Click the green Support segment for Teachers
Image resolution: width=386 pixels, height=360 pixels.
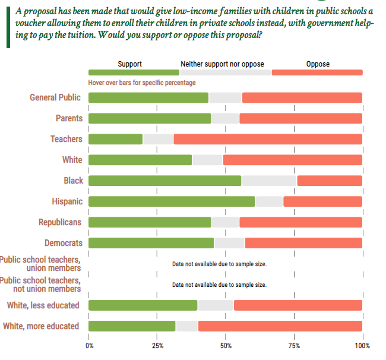115,139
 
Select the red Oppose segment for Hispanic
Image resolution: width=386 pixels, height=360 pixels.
322,201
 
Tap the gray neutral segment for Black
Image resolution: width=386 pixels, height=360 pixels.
269,181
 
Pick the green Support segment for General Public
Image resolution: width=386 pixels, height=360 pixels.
148,97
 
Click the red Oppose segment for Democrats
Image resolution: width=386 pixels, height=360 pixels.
303,243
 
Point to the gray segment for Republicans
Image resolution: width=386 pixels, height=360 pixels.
225,222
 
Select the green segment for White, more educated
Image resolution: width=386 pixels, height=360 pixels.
132,326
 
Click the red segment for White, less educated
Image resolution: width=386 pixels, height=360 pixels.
298,305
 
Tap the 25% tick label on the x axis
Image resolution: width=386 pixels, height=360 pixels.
157,346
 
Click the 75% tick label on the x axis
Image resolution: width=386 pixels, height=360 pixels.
294,346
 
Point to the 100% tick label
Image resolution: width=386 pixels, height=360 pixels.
362,346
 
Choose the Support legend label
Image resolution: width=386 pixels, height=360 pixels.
129,64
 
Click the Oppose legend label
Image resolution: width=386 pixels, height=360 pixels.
318,64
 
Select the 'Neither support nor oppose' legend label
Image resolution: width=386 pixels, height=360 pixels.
222,64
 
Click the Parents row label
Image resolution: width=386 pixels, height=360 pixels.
69,118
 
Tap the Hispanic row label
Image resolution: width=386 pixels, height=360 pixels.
67,201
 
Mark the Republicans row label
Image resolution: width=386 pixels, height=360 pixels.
60,222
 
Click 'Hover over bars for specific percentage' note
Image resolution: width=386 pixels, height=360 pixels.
141,83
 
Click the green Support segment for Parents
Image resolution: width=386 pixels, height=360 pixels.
150,118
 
